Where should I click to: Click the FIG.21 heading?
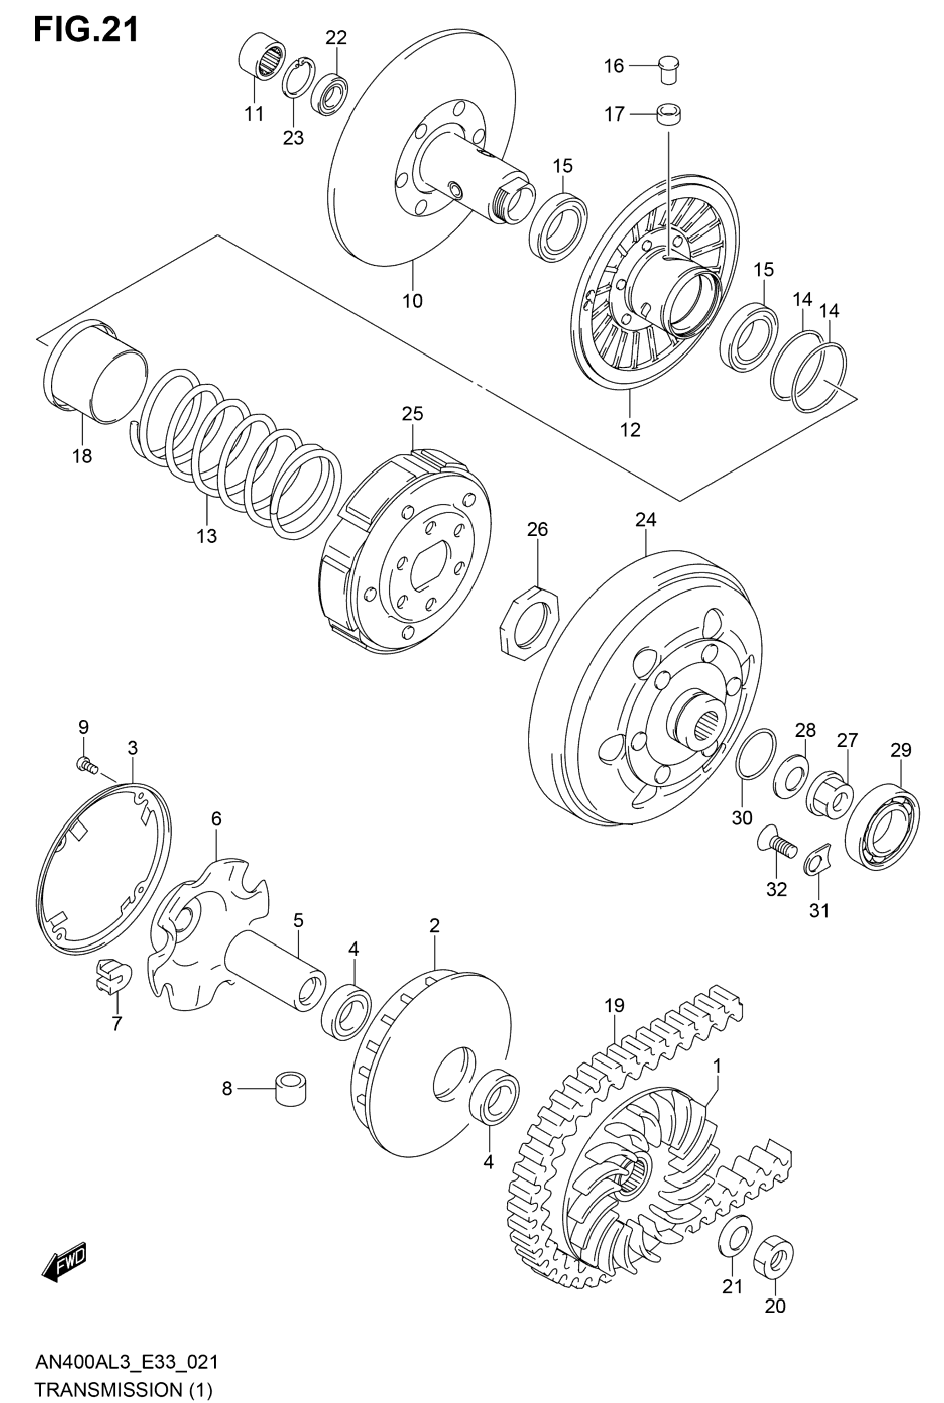pos(86,30)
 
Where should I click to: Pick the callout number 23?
pos(294,138)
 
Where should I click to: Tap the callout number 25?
pos(412,413)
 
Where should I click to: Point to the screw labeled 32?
pos(776,844)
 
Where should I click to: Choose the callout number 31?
pos(818,911)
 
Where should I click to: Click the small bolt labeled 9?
pos(86,765)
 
